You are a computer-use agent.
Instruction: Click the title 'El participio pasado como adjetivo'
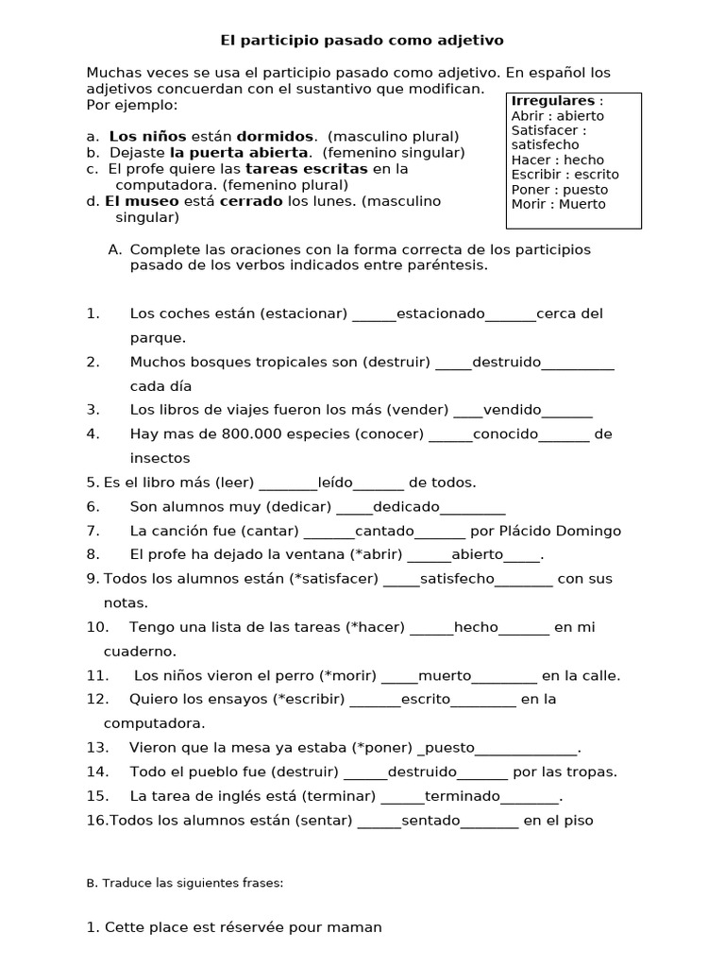point(362,41)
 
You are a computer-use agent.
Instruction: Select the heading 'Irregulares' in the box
point(553,101)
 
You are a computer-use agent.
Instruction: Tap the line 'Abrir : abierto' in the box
point(557,116)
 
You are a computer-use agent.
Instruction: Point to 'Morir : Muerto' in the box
point(558,204)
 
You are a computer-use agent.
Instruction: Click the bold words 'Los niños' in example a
point(147,136)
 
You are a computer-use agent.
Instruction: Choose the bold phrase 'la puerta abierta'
point(239,152)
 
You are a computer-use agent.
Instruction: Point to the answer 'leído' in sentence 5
point(335,483)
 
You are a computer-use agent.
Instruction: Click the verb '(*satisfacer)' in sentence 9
point(334,579)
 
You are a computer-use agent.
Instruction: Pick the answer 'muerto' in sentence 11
point(444,675)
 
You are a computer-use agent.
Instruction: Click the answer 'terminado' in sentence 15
point(458,796)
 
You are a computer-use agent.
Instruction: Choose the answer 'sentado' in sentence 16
point(430,821)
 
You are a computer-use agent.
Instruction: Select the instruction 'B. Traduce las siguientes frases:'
point(184,884)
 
